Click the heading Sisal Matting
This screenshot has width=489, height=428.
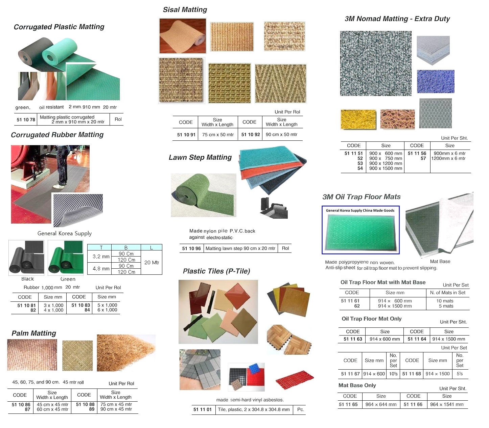point(185,10)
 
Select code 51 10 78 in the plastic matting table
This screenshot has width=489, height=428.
point(26,119)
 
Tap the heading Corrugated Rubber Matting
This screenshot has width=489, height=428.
point(57,135)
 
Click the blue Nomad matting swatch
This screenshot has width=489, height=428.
point(435,81)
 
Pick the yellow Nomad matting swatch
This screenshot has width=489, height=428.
point(358,119)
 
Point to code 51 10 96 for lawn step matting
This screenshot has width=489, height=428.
point(191,248)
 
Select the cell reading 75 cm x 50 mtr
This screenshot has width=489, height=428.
point(218,134)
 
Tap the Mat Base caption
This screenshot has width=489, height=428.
point(440,261)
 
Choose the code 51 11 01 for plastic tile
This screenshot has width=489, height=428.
point(202,409)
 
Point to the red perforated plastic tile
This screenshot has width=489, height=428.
point(295,380)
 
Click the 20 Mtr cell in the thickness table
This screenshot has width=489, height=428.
point(152,262)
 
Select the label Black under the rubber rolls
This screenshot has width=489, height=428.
point(27,279)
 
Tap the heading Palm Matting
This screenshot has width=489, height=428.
point(34,333)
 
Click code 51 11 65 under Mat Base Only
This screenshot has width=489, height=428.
point(348,404)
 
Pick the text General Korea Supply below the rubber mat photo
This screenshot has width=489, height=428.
point(65,233)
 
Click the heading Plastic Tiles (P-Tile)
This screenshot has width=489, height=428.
point(216,271)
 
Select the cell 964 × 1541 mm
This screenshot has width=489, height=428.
point(447,404)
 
